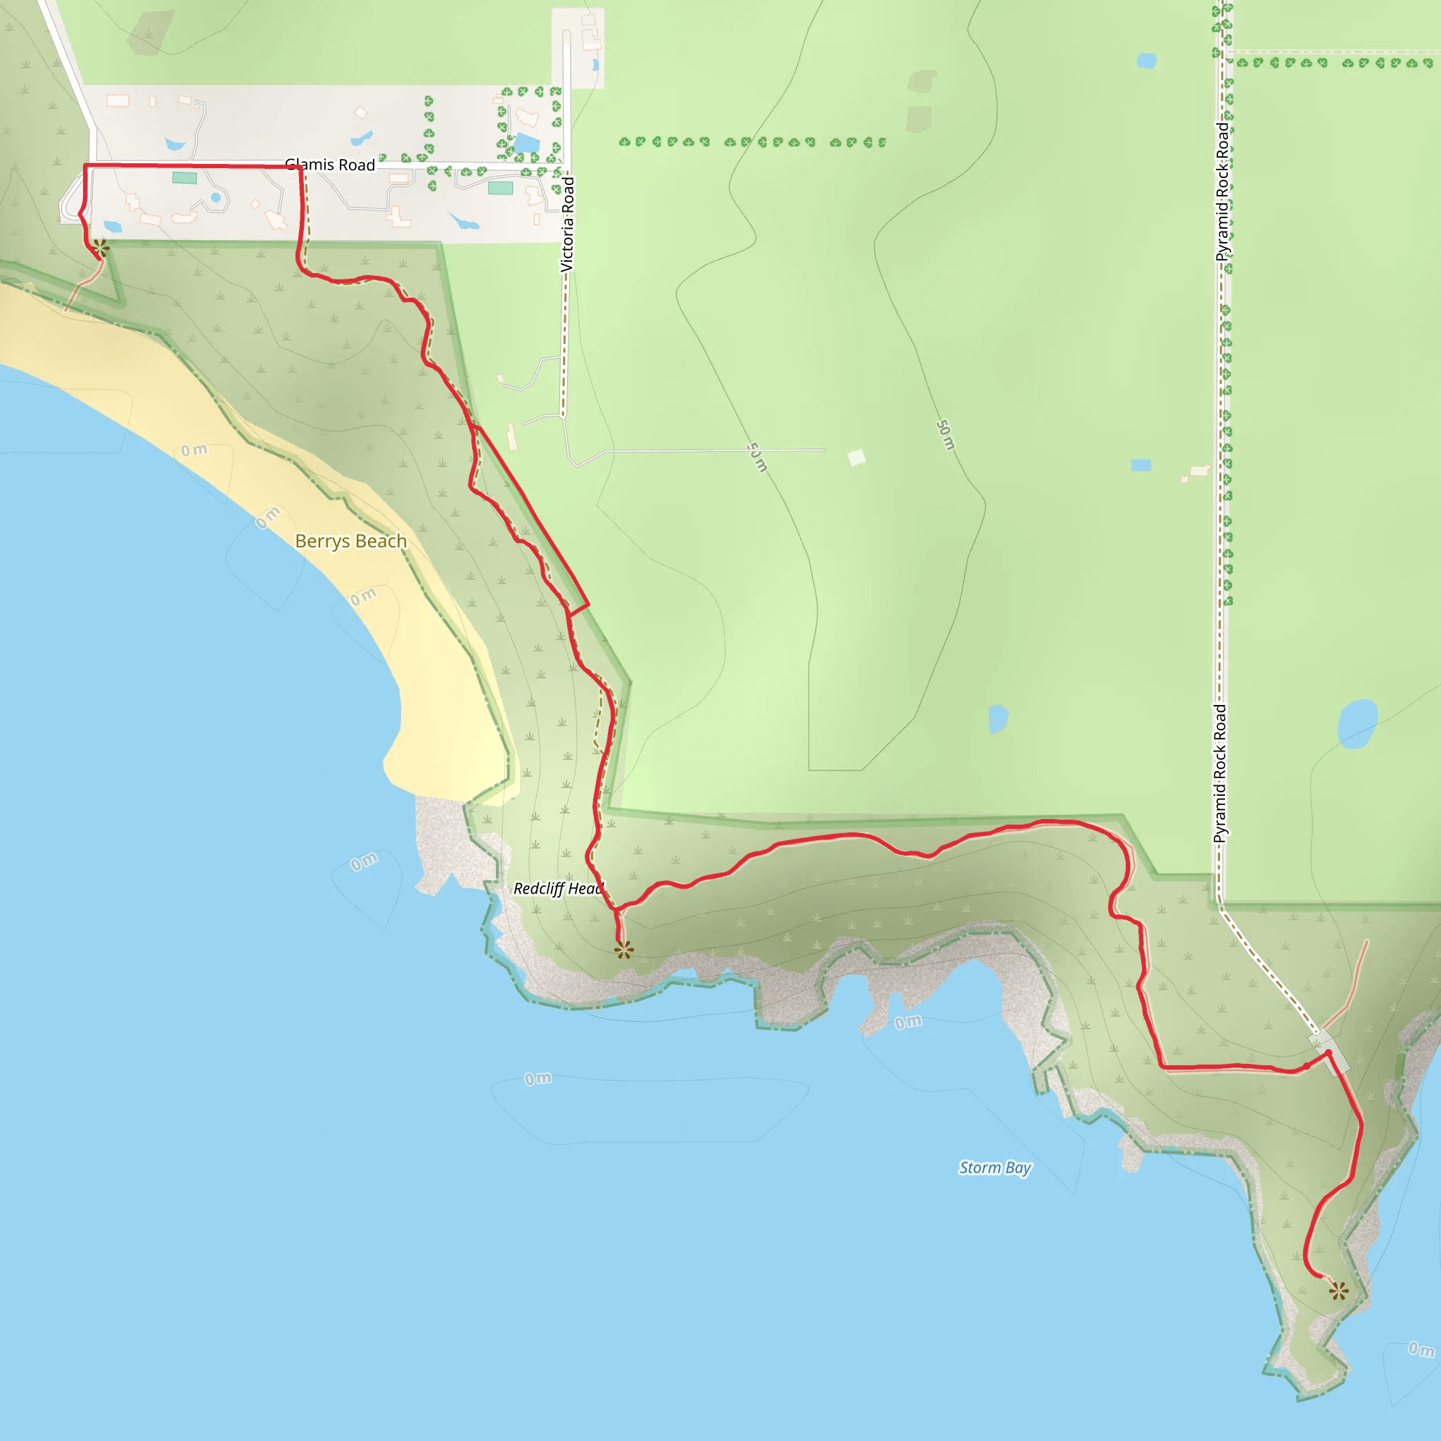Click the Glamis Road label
coord(330,165)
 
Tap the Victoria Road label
coord(568,224)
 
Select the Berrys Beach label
coord(350,541)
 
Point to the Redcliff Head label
coord(558,889)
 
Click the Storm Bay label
coord(995,1167)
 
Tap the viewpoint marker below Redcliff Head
coord(623,949)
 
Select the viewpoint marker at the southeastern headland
coord(1338,1291)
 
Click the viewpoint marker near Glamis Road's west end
coord(101,247)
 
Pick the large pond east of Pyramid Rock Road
coord(1357,723)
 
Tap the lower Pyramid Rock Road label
coord(1220,773)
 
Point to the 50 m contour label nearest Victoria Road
coord(757,457)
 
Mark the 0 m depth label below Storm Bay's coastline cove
coord(908,1022)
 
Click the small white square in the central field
coord(856,457)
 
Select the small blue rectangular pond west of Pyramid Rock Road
coord(1141,465)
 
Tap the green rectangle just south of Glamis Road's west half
coord(184,177)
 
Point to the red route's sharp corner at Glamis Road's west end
coord(86,165)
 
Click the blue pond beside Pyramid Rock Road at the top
coord(1146,61)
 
